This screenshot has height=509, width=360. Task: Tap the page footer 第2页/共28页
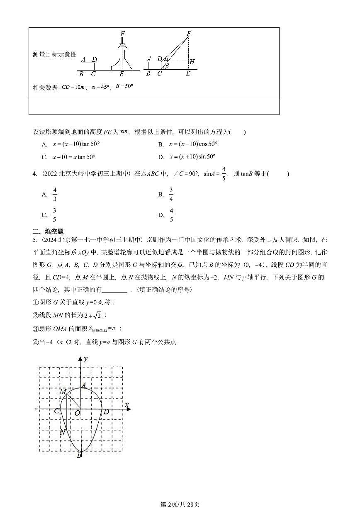(x=180, y=504)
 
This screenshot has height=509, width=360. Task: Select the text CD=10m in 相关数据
(x=73, y=88)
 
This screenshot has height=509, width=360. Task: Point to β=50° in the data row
(x=124, y=87)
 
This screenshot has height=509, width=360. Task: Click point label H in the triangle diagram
(x=192, y=62)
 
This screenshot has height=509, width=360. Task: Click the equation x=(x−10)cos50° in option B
(x=193, y=144)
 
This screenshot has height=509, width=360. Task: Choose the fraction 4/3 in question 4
(x=55, y=194)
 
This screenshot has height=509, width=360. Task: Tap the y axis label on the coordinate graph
(x=85, y=358)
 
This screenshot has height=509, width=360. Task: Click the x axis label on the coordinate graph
(x=127, y=404)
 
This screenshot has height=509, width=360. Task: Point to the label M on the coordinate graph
(x=63, y=391)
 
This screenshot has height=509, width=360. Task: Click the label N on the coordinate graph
(x=62, y=432)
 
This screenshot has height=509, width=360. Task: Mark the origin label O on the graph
(x=77, y=413)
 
